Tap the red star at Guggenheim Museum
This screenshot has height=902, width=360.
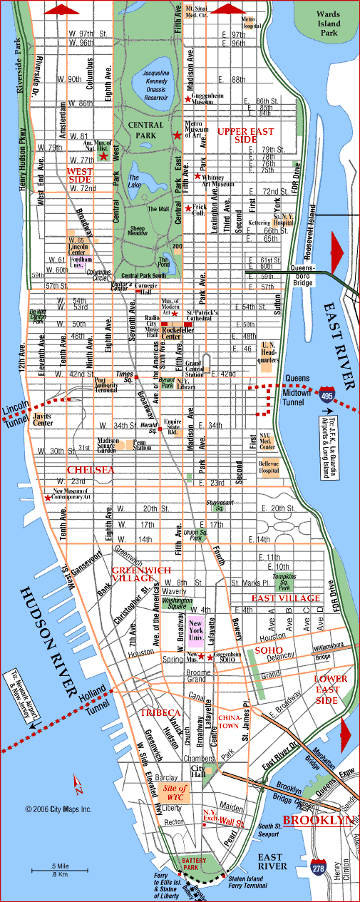188,99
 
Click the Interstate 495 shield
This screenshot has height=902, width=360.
326,394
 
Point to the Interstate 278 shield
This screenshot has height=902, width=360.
319,867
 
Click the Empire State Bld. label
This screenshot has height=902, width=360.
173,426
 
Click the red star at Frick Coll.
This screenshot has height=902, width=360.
188,208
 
